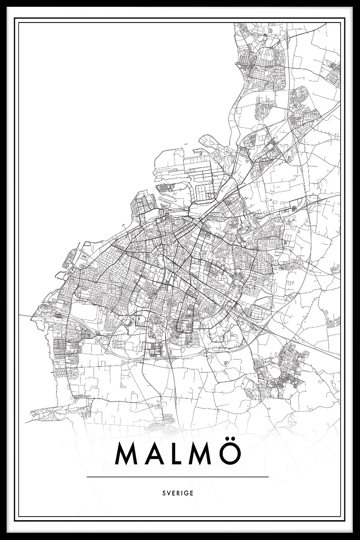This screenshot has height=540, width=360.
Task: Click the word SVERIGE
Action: (178, 493)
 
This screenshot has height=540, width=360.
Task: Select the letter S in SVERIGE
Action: (164, 493)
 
